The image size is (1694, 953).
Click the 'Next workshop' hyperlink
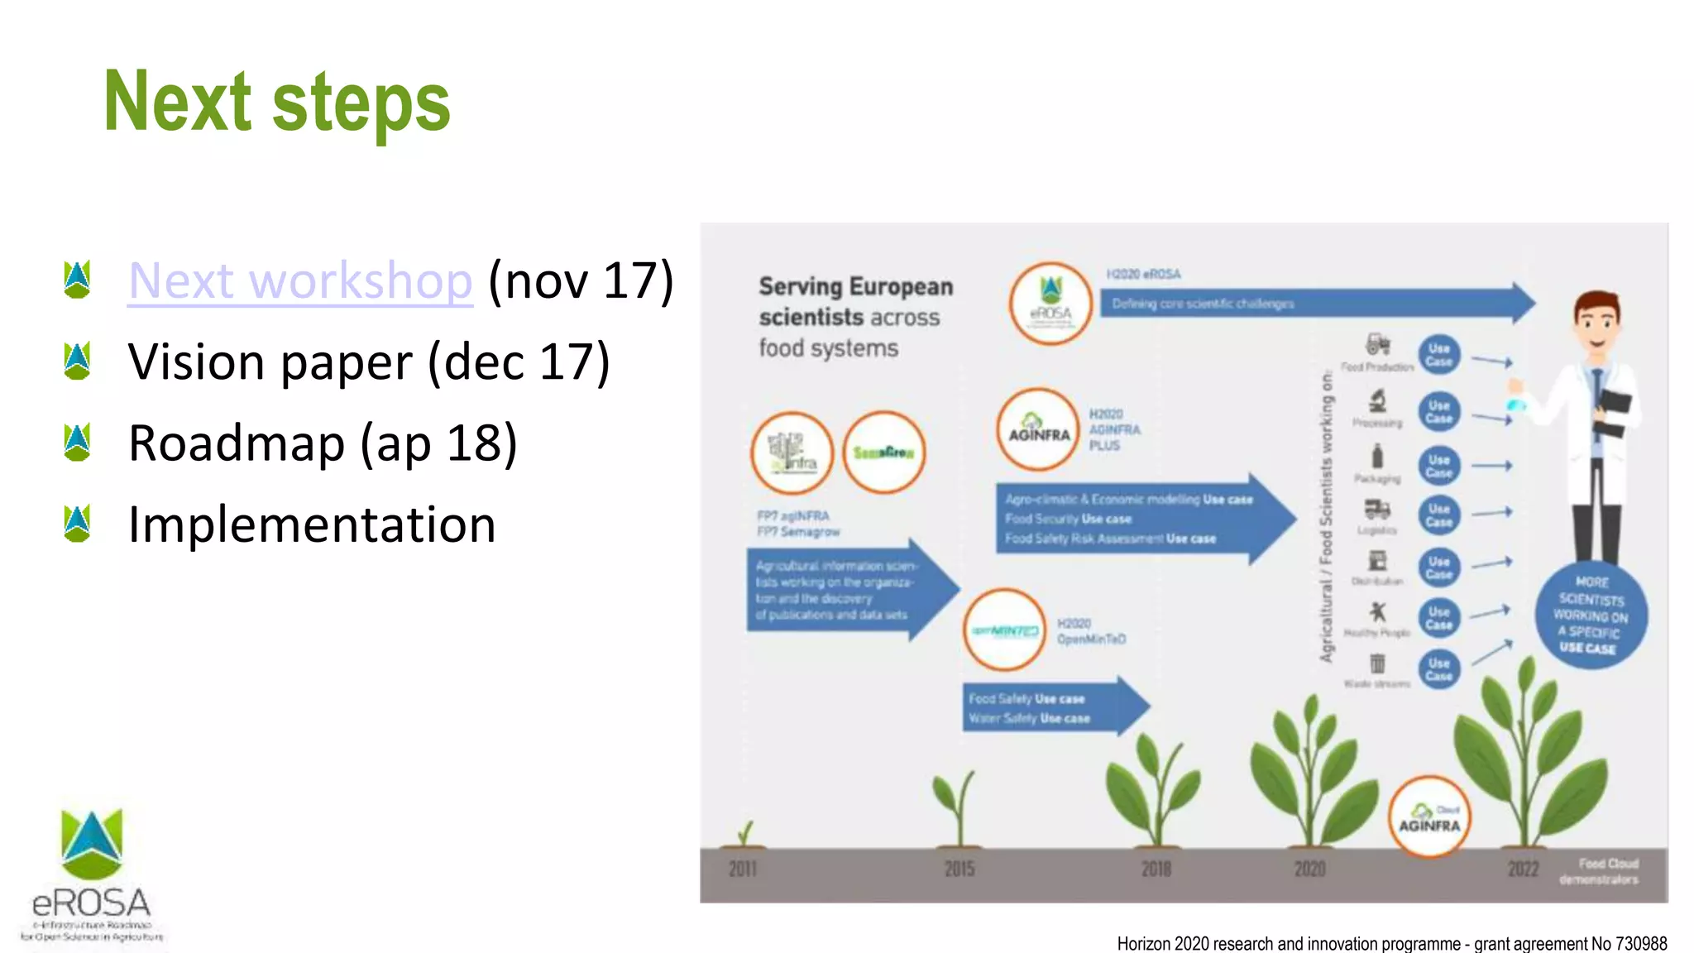[300, 280]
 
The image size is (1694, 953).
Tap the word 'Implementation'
[312, 524]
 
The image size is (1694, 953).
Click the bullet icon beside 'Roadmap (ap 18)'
[77, 443]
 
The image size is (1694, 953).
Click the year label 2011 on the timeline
[742, 869]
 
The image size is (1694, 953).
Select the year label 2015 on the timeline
[959, 869]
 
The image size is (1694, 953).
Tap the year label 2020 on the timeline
[1309, 869]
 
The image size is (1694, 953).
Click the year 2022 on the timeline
[1523, 869]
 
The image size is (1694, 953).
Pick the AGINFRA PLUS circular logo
[1038, 429]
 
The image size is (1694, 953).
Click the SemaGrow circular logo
[883, 453]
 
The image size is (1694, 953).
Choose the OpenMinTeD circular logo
[1005, 630]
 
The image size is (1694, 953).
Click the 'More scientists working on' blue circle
[1591, 615]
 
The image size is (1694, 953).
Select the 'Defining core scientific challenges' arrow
[1315, 304]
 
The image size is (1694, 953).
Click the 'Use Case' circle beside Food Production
[1439, 355]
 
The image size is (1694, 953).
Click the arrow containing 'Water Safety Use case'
[1050, 708]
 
